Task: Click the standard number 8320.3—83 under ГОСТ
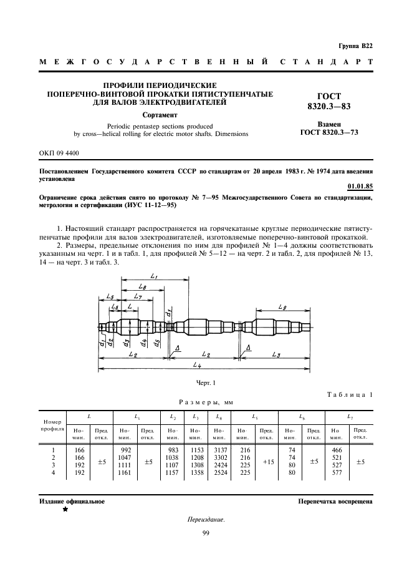click(x=329, y=107)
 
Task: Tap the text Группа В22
click(x=355, y=46)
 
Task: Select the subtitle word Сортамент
click(x=160, y=115)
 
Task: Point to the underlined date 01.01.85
click(x=359, y=185)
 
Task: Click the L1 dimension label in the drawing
click(x=154, y=276)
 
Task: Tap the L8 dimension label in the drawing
click(x=143, y=287)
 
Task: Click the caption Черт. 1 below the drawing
click(x=205, y=382)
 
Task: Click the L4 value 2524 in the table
click(x=218, y=473)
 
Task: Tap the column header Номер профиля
click(x=52, y=426)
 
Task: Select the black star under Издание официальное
click(x=64, y=510)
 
